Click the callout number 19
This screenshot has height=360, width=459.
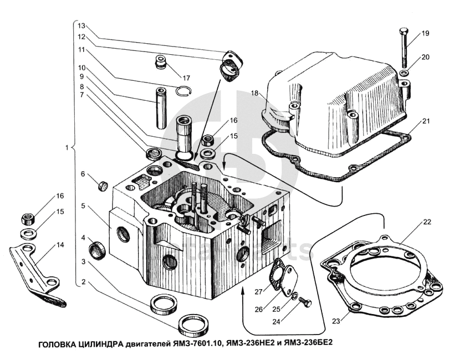tap(425, 34)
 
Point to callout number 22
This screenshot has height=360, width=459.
tap(426, 222)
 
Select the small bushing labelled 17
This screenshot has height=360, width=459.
tap(161, 61)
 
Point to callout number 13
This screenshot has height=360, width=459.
tap(81, 26)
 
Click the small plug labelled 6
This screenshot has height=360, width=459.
tap(101, 185)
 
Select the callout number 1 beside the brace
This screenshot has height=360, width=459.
tap(67, 148)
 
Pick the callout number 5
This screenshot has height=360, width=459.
tap(83, 206)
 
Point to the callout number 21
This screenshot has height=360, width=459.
tap(425, 121)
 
